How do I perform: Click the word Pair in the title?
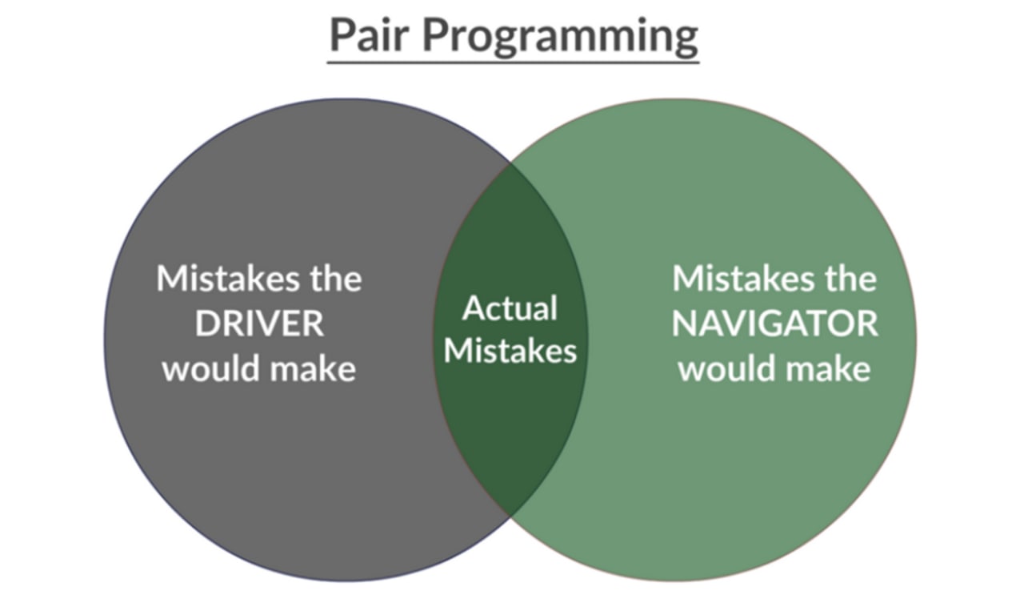pyautogui.click(x=369, y=35)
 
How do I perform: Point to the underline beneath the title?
pyautogui.click(x=513, y=62)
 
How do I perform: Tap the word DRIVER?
pyautogui.click(x=260, y=324)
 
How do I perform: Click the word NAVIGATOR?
pyautogui.click(x=775, y=324)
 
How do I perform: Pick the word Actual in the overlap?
pyautogui.click(x=510, y=308)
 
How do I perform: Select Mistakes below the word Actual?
pyautogui.click(x=510, y=351)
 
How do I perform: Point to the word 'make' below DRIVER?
pyautogui.click(x=313, y=368)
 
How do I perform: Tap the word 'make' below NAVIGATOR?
pyautogui.click(x=828, y=368)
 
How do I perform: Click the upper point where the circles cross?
pyautogui.click(x=510, y=163)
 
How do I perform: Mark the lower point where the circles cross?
pyautogui.click(x=510, y=517)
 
